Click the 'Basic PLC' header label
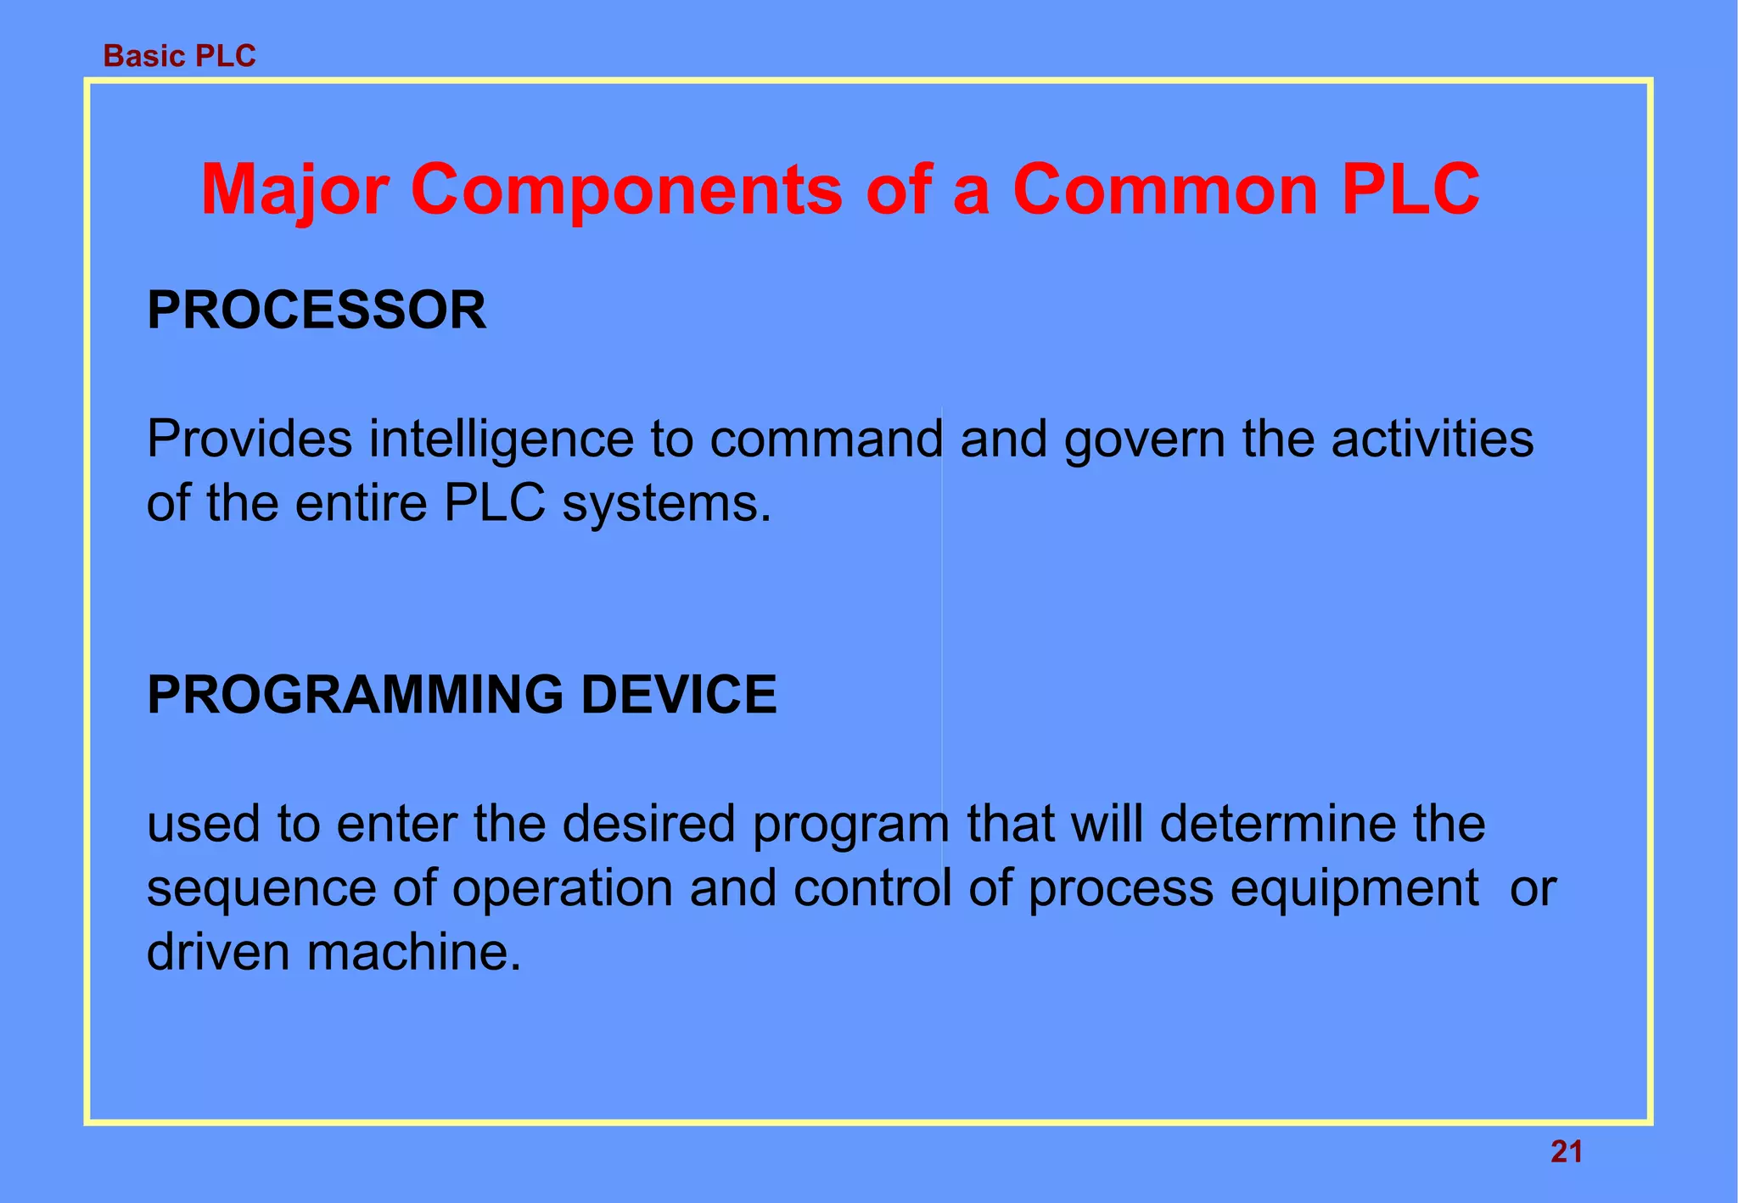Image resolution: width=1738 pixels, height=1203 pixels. [179, 56]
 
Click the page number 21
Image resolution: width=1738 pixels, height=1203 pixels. [1566, 1152]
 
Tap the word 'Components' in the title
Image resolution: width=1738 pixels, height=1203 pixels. [626, 190]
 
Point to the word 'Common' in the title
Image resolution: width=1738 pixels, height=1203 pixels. [1165, 190]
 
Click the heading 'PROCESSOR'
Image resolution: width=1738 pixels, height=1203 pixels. [317, 311]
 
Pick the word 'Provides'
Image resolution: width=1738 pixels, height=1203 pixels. [249, 439]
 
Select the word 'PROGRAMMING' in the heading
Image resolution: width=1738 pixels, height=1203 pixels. [355, 695]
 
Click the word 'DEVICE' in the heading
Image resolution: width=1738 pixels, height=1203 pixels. [678, 695]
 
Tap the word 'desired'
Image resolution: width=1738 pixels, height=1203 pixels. [648, 824]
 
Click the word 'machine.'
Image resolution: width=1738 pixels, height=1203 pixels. [413, 952]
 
